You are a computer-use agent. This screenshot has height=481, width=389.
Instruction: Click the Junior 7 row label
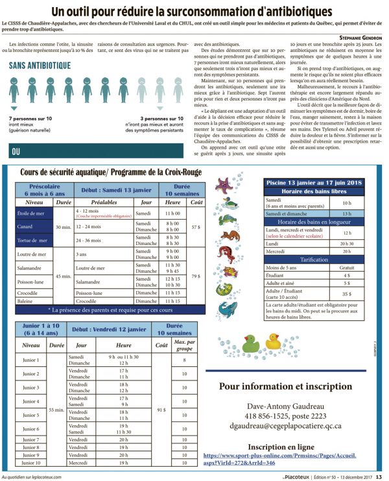(x=31, y=440)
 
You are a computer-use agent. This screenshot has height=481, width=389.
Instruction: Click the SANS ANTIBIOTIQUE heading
(x=40, y=65)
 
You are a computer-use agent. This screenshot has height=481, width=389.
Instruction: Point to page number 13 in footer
(x=381, y=477)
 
